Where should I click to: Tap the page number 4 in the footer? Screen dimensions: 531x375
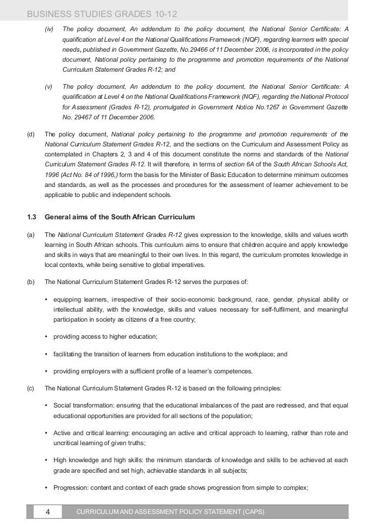click(49, 513)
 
